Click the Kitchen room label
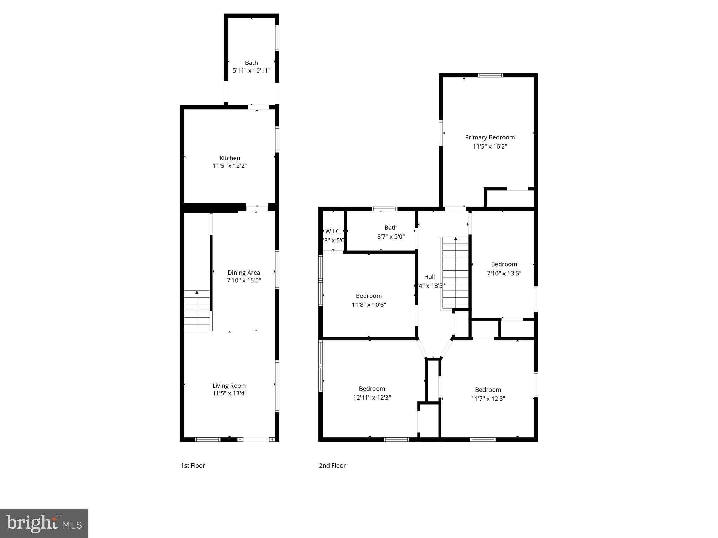point(230,158)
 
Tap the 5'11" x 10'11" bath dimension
point(251,70)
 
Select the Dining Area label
point(244,273)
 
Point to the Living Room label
point(229,386)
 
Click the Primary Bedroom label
point(490,137)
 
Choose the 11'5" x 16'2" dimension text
point(490,146)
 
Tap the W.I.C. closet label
point(333,231)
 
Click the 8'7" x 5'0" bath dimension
point(391,236)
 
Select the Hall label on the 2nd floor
point(429,277)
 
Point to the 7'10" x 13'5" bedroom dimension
point(504,273)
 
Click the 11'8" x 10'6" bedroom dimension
point(369,305)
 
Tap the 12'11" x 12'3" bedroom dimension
point(372,398)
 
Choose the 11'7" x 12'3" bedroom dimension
point(488,399)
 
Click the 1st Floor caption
point(193,465)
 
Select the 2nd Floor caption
point(332,465)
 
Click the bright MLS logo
point(44,524)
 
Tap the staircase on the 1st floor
point(197,311)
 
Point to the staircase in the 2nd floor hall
point(455,273)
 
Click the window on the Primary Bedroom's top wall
point(490,75)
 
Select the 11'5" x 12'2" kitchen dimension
point(230,166)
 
